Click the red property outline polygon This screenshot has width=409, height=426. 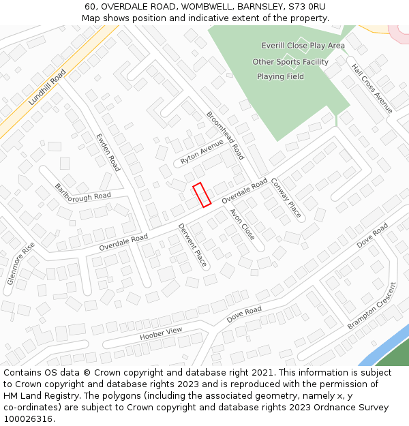click(x=201, y=195)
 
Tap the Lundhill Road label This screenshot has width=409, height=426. click(x=47, y=87)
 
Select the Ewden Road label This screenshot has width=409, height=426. click(x=108, y=152)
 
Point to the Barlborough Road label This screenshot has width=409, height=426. click(x=82, y=192)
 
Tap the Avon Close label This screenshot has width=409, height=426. click(x=242, y=224)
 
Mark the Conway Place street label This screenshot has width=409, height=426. click(x=286, y=198)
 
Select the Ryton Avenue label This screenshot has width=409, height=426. click(x=202, y=152)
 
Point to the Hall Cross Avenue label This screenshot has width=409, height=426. click(x=372, y=89)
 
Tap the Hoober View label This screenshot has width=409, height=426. click(x=162, y=334)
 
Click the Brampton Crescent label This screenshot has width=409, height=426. click(x=372, y=306)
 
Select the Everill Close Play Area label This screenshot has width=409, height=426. click(x=303, y=46)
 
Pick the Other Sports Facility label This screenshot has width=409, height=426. click(x=290, y=62)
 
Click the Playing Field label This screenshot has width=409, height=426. click(x=280, y=76)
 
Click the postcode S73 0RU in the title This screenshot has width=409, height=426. click(x=303, y=6)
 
